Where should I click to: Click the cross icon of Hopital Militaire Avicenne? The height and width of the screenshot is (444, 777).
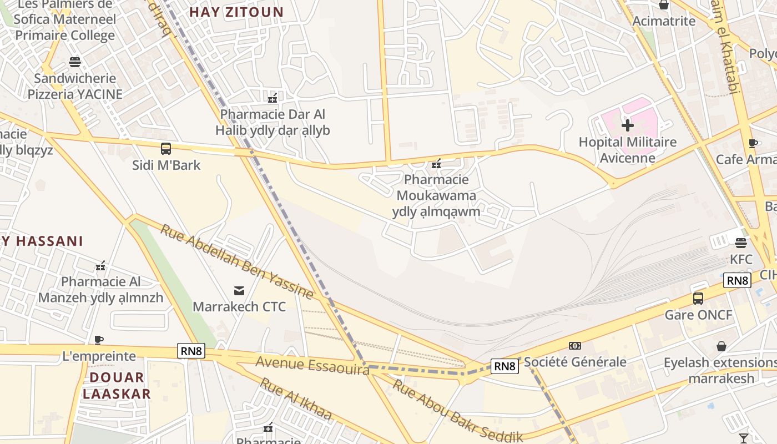click(628, 125)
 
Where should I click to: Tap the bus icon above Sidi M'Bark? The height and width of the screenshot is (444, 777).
click(166, 149)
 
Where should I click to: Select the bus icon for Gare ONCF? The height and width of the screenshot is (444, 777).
click(698, 299)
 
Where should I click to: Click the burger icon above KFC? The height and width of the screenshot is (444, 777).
click(741, 243)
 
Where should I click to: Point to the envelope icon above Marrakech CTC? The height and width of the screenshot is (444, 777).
click(239, 290)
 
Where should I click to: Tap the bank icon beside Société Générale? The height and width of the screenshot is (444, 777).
click(575, 346)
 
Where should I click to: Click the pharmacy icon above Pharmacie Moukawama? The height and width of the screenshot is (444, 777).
click(436, 164)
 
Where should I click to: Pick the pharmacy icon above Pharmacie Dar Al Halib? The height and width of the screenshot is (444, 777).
click(273, 98)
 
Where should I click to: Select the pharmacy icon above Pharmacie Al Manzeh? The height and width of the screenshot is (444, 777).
click(100, 266)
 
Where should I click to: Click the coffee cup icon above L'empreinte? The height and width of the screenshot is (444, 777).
click(99, 340)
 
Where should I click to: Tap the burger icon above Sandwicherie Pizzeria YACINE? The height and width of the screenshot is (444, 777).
click(75, 62)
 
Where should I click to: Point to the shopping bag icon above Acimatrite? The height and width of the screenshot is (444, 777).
click(664, 5)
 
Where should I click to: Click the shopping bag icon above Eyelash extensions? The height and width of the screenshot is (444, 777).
click(722, 346)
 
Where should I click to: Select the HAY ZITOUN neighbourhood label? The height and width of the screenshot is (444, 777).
click(236, 12)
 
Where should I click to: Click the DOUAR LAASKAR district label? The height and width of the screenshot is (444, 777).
click(117, 386)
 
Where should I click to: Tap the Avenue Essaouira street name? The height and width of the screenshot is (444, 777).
click(312, 366)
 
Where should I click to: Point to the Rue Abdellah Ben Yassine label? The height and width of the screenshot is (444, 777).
click(237, 261)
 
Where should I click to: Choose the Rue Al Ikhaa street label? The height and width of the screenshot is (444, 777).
click(296, 399)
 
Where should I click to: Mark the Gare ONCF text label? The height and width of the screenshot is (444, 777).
click(699, 315)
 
